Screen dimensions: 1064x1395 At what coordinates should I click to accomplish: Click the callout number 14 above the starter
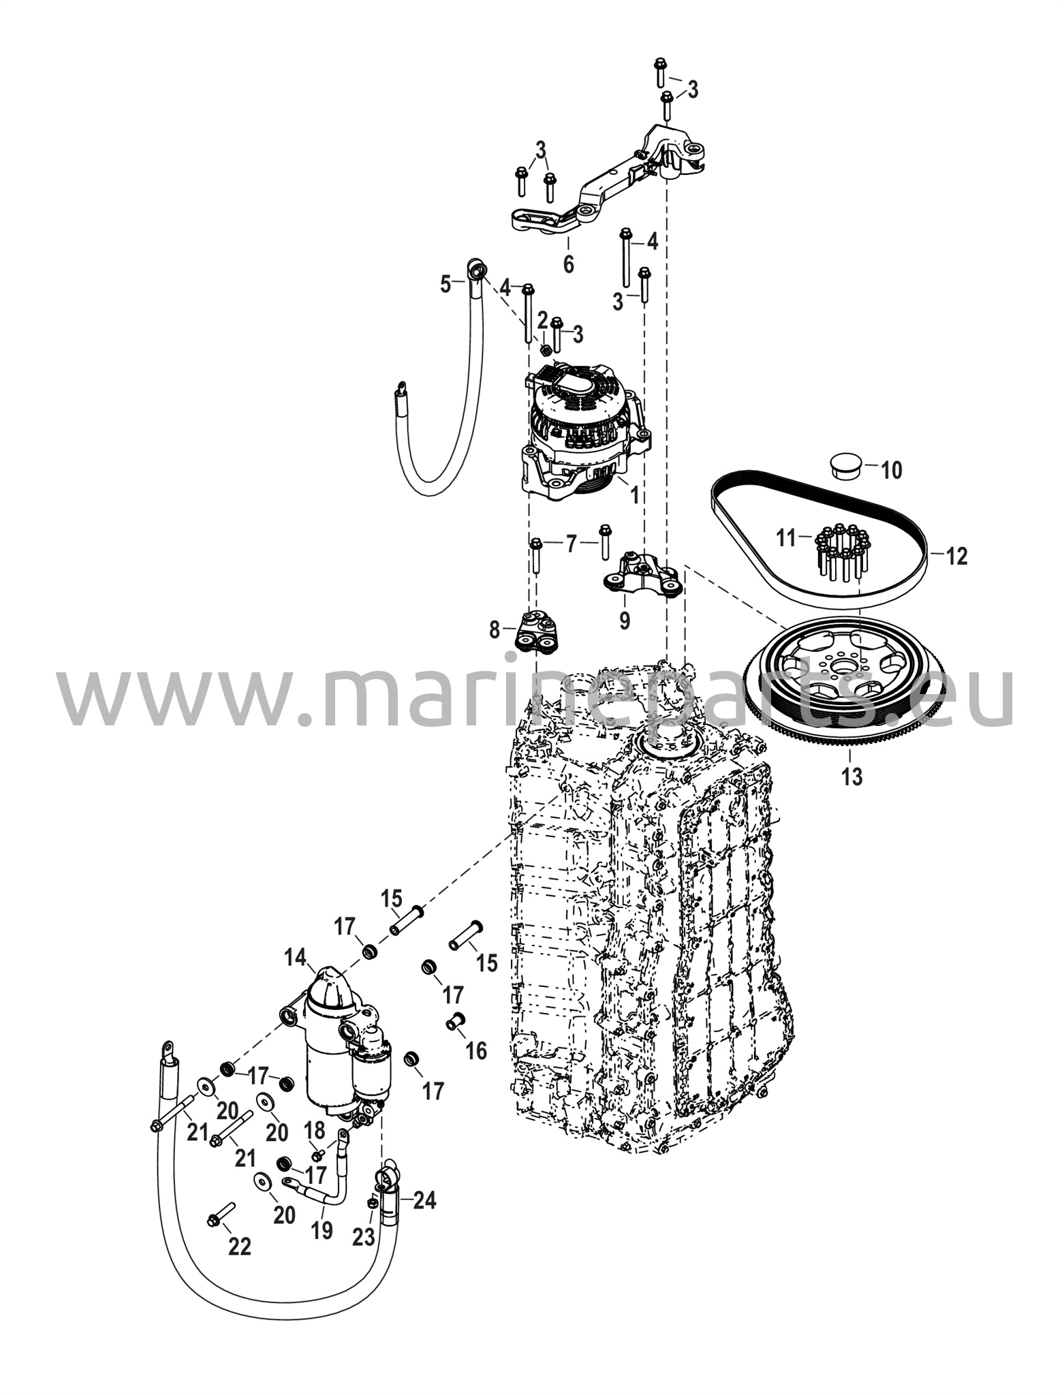pos(296,958)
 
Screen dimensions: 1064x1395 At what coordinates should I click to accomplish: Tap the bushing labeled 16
pos(455,1022)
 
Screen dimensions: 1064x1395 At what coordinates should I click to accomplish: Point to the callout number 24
pos(424,1200)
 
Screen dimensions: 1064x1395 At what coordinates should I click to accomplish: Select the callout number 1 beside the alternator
pos(635,495)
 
